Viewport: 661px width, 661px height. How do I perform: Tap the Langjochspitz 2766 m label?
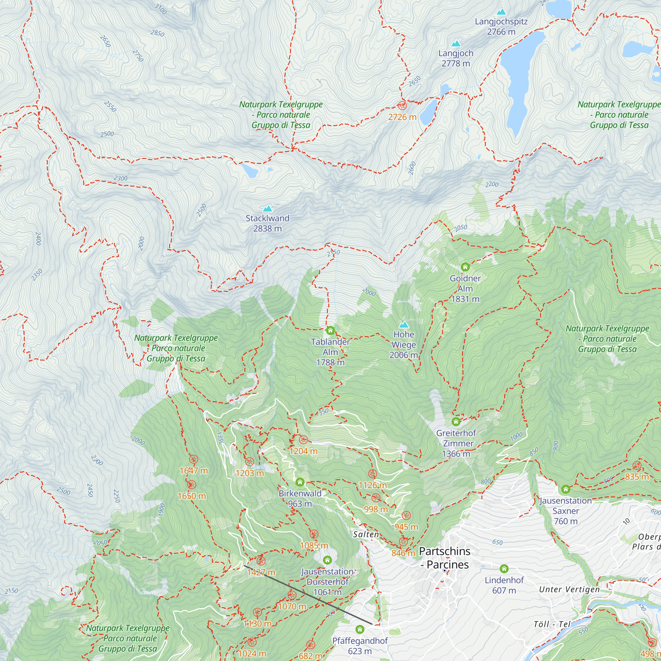pos(501,26)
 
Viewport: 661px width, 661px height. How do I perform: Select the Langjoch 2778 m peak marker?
pos(456,43)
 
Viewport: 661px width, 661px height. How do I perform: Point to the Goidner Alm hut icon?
pos(465,266)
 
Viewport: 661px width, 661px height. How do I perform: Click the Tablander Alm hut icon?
pos(330,330)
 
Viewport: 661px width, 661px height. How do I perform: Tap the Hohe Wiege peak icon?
pos(404,324)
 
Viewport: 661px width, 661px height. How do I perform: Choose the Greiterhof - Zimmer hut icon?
pos(456,421)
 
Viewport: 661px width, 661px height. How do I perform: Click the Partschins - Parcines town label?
pos(445,558)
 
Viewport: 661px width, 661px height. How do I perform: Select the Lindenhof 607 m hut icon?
pos(504,568)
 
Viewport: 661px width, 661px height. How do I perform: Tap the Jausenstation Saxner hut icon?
pos(566,489)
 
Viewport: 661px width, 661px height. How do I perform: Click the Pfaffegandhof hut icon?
pos(360,629)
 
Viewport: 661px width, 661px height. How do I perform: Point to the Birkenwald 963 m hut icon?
pos(300,482)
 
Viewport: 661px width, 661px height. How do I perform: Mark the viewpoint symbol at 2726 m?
pos(402,105)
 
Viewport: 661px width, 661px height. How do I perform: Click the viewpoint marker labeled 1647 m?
pos(194,459)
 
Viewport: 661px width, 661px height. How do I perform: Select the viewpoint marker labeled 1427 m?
pos(261,561)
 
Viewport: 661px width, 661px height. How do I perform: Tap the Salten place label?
pos(366,534)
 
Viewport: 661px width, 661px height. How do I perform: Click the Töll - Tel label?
pos(552,624)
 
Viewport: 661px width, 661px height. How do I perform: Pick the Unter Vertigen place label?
pos(569,589)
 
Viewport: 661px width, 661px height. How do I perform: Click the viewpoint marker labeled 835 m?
pos(637,465)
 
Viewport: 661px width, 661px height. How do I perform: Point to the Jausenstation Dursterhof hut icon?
pos(328,560)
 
